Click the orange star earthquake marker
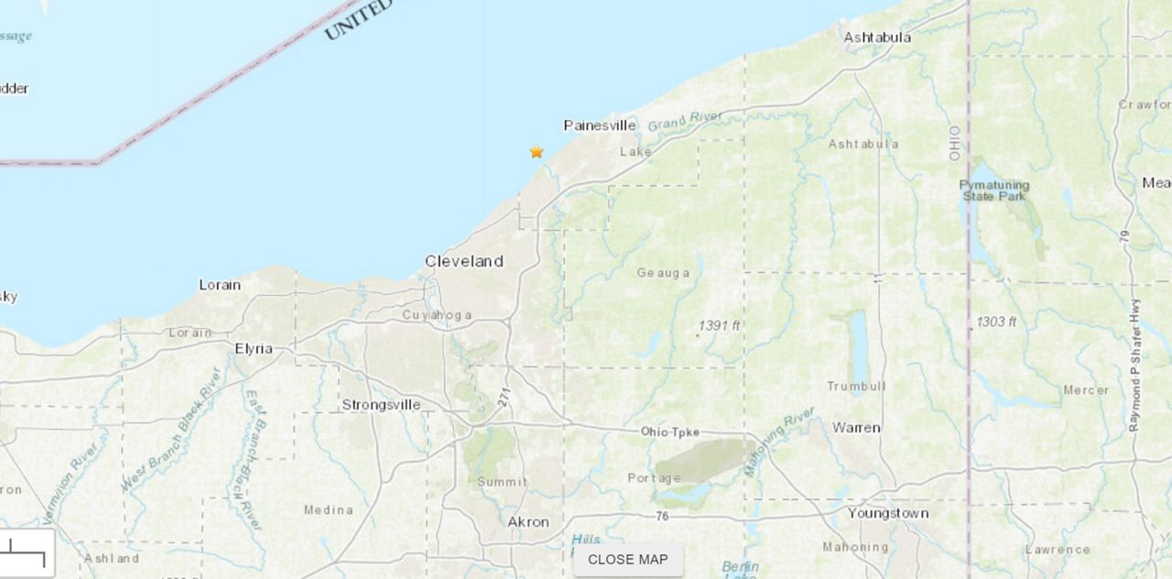[x=537, y=152]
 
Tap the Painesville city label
[x=600, y=126]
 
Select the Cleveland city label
[x=464, y=261]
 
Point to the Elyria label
[x=254, y=348]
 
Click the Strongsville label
[x=381, y=404]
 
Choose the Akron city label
[x=528, y=521]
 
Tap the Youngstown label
[x=888, y=513]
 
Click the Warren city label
[x=856, y=427]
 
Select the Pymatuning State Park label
[x=994, y=191]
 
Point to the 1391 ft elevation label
[x=719, y=325]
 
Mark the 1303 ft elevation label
[x=996, y=322]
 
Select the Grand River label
[x=685, y=120]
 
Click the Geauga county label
[x=664, y=272]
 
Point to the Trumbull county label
[x=856, y=386]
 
